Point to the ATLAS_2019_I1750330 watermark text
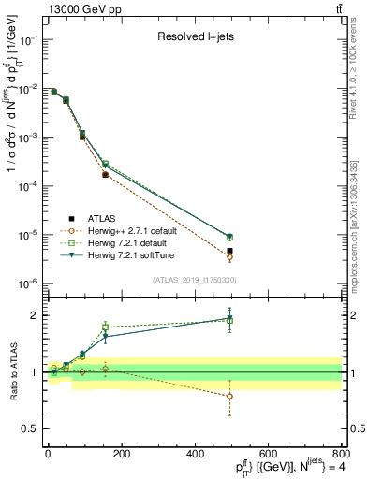click(194, 280)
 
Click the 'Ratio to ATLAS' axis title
click(12, 373)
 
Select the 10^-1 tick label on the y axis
click(30, 40)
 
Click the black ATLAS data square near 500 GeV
click(229, 251)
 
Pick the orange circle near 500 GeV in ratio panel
click(229, 396)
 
